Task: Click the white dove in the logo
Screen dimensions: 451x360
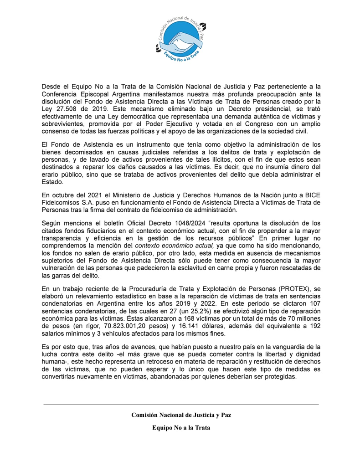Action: coord(180,44)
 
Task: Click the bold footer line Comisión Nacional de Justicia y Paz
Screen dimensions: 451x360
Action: coord(181,415)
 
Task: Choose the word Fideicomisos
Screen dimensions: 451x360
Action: coord(61,203)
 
